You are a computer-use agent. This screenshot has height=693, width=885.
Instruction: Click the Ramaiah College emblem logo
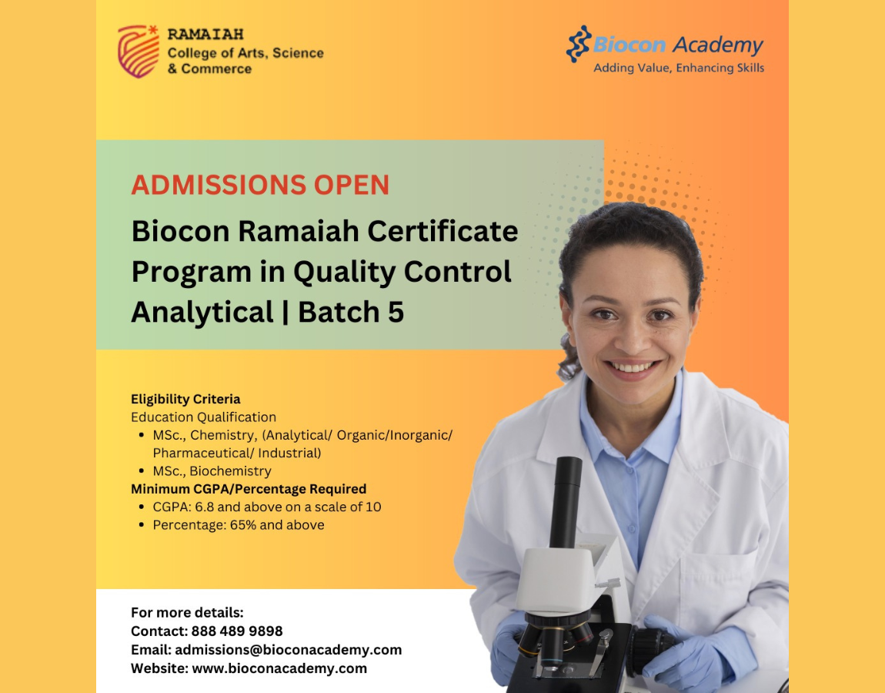(x=139, y=51)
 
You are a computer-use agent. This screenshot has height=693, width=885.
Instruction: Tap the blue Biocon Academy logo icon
(x=579, y=44)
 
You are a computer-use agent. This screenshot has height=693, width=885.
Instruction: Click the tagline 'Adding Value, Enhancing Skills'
(x=679, y=68)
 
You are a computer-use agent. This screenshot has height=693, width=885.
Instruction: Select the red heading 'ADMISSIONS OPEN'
(x=260, y=185)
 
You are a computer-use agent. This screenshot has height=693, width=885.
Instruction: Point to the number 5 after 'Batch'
(x=396, y=312)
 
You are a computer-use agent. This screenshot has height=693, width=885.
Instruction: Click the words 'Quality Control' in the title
(x=402, y=272)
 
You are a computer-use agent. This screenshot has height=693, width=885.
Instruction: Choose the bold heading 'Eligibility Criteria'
(x=185, y=400)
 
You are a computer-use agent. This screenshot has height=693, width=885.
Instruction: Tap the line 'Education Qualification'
(x=204, y=417)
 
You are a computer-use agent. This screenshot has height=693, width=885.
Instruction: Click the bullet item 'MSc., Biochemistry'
(x=212, y=471)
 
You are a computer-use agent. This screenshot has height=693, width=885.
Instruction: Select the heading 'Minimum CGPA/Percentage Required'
(x=249, y=489)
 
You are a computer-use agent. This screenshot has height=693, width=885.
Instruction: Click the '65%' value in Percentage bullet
(x=243, y=525)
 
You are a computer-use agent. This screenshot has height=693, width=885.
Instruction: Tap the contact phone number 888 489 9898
(x=237, y=631)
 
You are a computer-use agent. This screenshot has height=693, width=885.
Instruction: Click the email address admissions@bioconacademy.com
(x=289, y=650)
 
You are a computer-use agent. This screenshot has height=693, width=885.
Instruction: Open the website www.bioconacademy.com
(x=279, y=668)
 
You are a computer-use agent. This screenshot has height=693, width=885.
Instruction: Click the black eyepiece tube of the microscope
(x=566, y=502)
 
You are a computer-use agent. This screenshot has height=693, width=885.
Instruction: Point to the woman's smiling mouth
(x=632, y=368)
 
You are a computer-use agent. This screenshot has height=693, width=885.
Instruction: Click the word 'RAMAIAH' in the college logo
(x=205, y=35)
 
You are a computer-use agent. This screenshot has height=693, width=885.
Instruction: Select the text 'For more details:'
(x=187, y=613)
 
